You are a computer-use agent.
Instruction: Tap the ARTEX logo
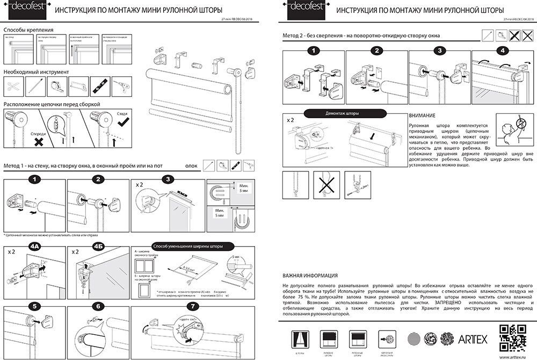coord(473,339)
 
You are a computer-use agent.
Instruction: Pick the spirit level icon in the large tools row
coord(98,85)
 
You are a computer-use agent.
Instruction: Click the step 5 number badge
coord(35,306)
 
